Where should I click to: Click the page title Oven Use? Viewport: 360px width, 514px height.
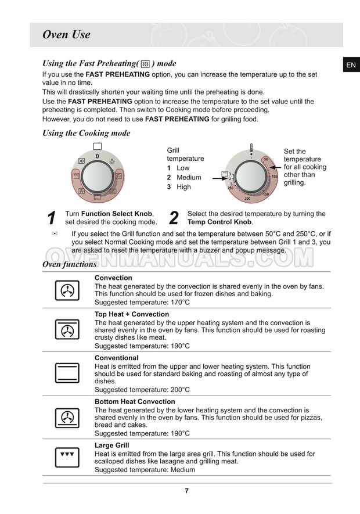pyautogui.click(x=66, y=35)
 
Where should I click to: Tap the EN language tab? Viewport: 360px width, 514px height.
pyautogui.click(x=351, y=65)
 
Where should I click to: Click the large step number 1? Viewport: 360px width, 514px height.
pyautogui.click(x=52, y=218)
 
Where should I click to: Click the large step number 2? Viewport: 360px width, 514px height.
pyautogui.click(x=174, y=218)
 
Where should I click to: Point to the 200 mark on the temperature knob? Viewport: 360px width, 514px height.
pyautogui.click(x=247, y=199)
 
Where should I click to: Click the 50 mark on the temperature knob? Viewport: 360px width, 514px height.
pyautogui.click(x=265, y=159)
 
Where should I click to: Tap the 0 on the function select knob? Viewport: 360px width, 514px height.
pyautogui.click(x=97, y=157)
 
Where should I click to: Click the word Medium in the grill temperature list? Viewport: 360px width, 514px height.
pyautogui.click(x=189, y=178)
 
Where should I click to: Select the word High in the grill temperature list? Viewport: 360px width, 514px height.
pyautogui.click(x=183, y=187)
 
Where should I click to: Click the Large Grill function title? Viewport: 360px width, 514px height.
pyautogui.click(x=111, y=445)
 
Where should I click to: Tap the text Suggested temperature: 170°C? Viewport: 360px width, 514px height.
pyautogui.click(x=142, y=303)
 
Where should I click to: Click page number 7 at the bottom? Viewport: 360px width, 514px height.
pyautogui.click(x=186, y=491)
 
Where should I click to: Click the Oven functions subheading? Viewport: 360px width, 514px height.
pyautogui.click(x=69, y=264)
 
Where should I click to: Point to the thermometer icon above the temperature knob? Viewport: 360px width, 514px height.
pyautogui.click(x=251, y=146)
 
